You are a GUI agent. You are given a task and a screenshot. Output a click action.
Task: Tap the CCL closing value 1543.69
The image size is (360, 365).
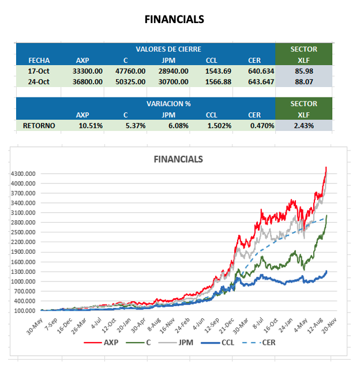218,70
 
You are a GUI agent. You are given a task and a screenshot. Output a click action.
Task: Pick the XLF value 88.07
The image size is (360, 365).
303,81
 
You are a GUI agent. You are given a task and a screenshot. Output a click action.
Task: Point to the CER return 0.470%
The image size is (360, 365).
262,125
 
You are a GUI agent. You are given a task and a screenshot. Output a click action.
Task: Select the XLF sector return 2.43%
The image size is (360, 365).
303,125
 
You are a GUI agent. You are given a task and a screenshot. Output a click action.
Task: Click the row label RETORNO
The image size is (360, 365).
39,125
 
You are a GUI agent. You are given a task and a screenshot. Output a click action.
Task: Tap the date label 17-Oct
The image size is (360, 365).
39,70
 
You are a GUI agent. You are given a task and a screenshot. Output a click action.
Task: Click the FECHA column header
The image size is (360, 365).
39,60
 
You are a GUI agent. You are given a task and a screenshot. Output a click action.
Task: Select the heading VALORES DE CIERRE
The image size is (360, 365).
168,49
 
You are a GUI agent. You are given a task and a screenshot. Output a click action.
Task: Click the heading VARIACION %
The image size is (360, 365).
168,104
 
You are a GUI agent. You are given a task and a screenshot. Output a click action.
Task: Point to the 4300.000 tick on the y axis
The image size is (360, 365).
24,174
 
